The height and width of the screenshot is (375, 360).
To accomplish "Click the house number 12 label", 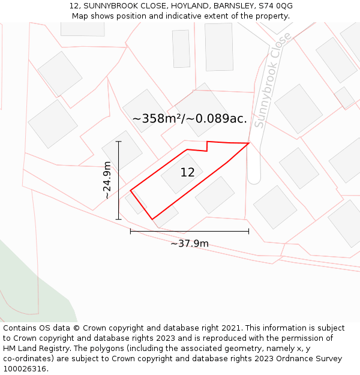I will (x=187, y=173).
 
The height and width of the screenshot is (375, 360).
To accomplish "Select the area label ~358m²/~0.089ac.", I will (x=190, y=119).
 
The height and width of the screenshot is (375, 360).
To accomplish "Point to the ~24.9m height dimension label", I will (x=107, y=180).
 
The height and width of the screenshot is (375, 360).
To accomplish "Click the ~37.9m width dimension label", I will (x=190, y=244).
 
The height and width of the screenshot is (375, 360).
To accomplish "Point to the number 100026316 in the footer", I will (x=24, y=369).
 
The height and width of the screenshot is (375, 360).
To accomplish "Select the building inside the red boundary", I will (x=181, y=174).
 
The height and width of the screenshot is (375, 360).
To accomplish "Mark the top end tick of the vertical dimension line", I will (x=119, y=142).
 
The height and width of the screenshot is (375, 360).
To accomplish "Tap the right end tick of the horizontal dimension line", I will (x=248, y=231).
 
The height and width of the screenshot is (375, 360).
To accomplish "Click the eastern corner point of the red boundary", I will (x=249, y=143).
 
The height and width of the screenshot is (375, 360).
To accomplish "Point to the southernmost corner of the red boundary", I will (x=152, y=219).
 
